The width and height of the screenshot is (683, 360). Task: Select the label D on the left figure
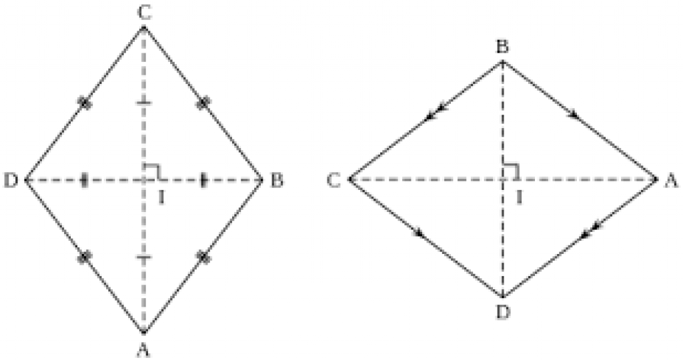(11, 180)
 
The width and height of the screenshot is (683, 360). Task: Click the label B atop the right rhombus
(503, 46)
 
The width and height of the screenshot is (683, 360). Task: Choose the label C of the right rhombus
(335, 180)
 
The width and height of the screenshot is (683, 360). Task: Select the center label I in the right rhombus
(518, 196)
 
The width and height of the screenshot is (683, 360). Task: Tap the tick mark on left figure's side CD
(84, 103)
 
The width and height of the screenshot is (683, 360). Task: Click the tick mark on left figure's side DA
(84, 257)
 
